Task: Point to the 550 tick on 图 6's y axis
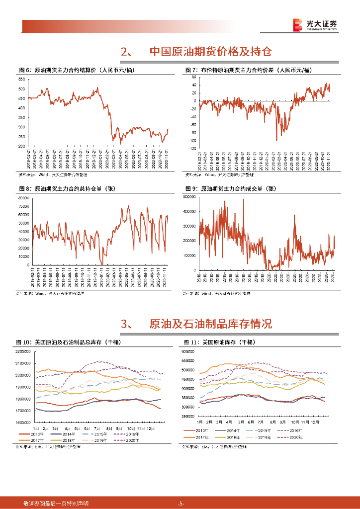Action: click(x=22, y=80)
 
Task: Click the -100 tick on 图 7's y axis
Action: click(x=191, y=148)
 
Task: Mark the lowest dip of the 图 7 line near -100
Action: click(x=277, y=141)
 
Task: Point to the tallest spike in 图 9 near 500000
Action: click(x=244, y=200)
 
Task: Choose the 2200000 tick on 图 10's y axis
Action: click(x=23, y=351)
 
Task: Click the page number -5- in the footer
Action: click(x=181, y=504)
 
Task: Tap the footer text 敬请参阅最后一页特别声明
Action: click(x=56, y=504)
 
